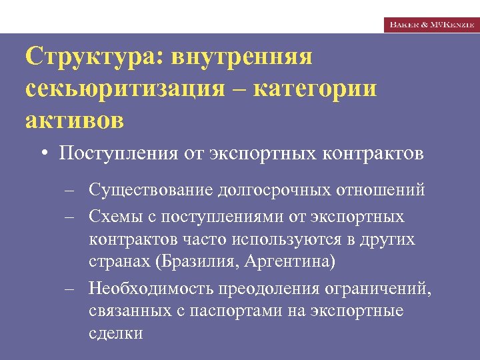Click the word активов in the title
coord(75,121)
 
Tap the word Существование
coord(151,190)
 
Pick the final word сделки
coord(115,333)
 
